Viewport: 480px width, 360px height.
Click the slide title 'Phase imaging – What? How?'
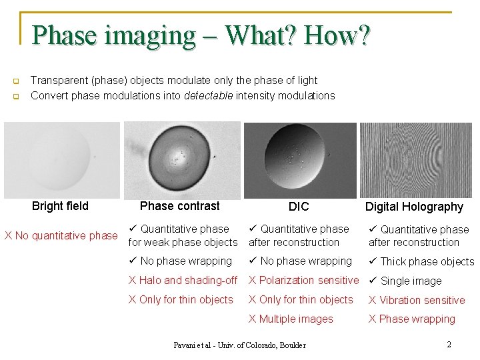click(x=201, y=35)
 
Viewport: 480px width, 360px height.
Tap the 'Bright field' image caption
click(x=60, y=206)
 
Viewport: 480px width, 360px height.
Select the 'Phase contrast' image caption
click(x=179, y=206)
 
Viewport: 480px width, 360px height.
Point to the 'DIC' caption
click(x=299, y=207)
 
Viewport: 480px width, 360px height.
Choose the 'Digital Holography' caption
click(x=414, y=207)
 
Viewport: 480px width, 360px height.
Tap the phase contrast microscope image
click(x=181, y=160)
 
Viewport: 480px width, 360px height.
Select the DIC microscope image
click(x=299, y=160)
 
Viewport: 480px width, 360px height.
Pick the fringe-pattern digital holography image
click(x=417, y=160)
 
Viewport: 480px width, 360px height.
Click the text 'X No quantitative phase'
click(x=61, y=235)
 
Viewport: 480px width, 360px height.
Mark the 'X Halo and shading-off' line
click(x=183, y=281)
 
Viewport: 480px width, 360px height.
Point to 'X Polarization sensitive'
click(x=303, y=281)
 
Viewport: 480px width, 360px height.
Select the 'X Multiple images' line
click(x=291, y=319)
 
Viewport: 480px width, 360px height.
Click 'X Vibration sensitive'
click(x=417, y=300)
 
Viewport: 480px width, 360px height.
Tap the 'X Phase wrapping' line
click(x=412, y=319)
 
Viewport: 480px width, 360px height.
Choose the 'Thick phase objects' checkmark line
click(x=421, y=261)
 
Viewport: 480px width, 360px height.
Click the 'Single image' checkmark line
click(x=406, y=281)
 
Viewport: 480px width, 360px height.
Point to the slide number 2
click(x=449, y=345)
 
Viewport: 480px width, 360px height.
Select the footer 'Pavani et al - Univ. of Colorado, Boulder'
click(x=239, y=345)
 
